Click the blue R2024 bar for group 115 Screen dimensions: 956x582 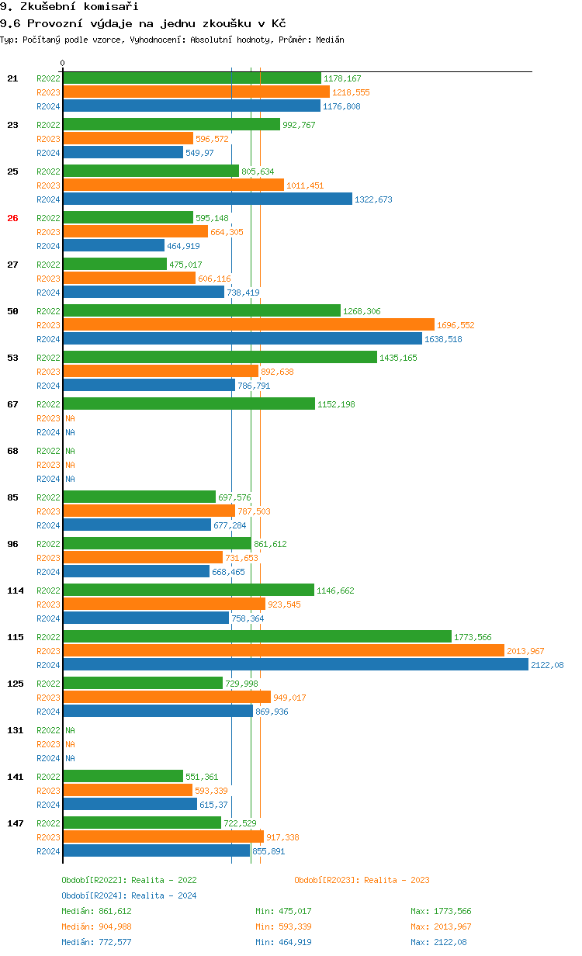(x=295, y=665)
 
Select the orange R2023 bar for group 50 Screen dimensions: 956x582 (x=248, y=325)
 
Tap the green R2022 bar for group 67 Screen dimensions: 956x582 (x=189, y=404)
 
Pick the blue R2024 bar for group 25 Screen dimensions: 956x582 (x=207, y=199)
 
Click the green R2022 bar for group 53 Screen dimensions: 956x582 (x=220, y=358)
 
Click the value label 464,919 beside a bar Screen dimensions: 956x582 (x=183, y=246)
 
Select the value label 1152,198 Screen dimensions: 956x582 (x=336, y=404)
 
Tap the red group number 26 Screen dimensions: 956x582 (x=12, y=218)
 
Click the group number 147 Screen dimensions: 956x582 (x=15, y=823)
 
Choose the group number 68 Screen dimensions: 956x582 (x=12, y=451)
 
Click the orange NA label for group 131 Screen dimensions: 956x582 (x=70, y=744)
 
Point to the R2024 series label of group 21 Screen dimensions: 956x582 (x=48, y=106)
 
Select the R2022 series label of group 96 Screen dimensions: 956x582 (x=48, y=544)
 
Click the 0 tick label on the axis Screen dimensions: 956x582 (x=63, y=63)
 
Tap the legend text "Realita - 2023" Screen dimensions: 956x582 (x=397, y=880)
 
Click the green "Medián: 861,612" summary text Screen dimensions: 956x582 (x=96, y=911)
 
